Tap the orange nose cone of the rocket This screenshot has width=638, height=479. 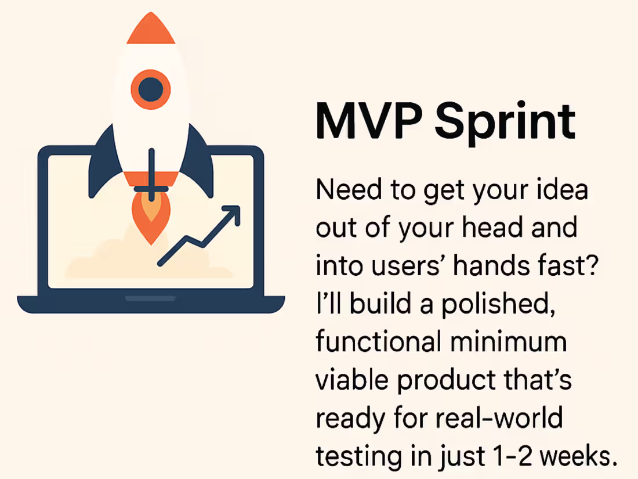pyautogui.click(x=151, y=29)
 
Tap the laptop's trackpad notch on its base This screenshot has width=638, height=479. pyautogui.click(x=150, y=298)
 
